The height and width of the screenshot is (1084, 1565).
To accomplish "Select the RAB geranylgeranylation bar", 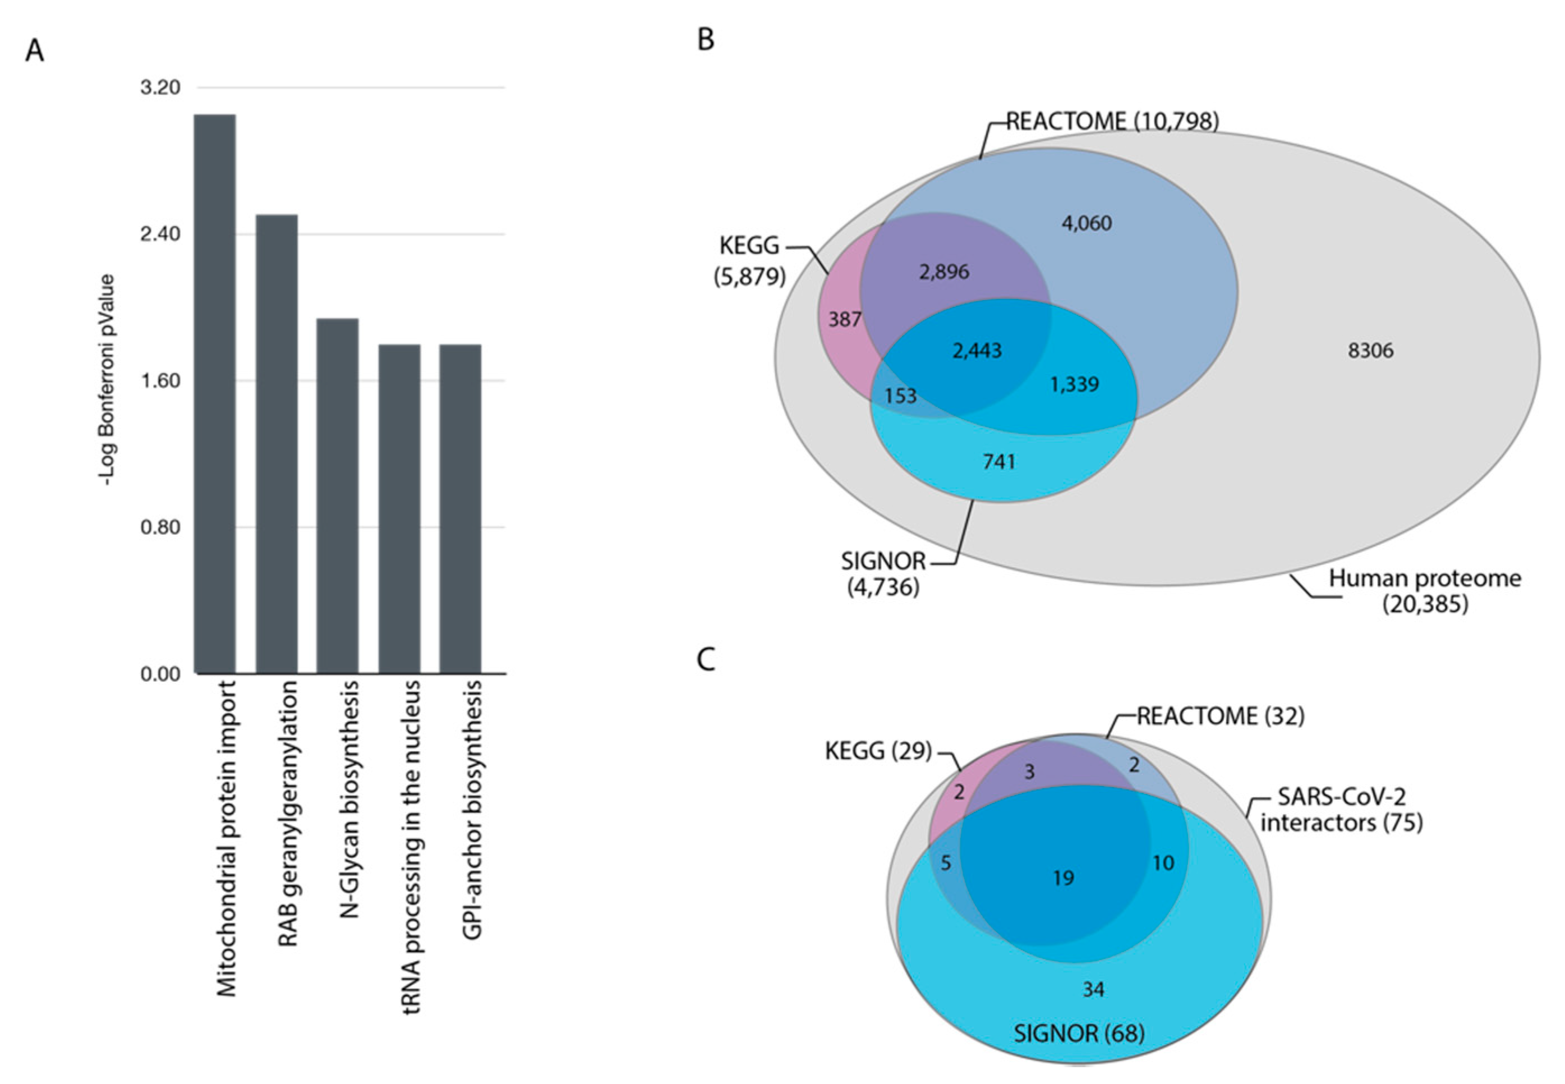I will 277,444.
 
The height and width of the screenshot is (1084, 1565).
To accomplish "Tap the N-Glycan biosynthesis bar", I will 338,496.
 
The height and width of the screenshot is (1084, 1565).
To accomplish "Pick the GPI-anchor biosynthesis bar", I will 461,509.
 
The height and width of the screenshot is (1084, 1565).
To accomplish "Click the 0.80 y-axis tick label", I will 160,527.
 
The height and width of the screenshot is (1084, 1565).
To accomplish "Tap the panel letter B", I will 706,39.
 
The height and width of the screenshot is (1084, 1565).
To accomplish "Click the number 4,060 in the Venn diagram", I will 1087,223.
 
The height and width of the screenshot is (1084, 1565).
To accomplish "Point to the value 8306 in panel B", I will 1370,351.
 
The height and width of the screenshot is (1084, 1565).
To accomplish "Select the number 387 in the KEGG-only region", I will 845,319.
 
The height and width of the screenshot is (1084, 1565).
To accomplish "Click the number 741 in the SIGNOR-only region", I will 999,462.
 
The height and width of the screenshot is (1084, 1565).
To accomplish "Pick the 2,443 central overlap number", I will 977,351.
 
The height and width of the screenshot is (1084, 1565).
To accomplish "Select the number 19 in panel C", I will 1064,878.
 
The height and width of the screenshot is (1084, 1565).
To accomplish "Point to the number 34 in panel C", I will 1093,990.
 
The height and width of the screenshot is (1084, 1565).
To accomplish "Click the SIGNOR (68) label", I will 1079,1033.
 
